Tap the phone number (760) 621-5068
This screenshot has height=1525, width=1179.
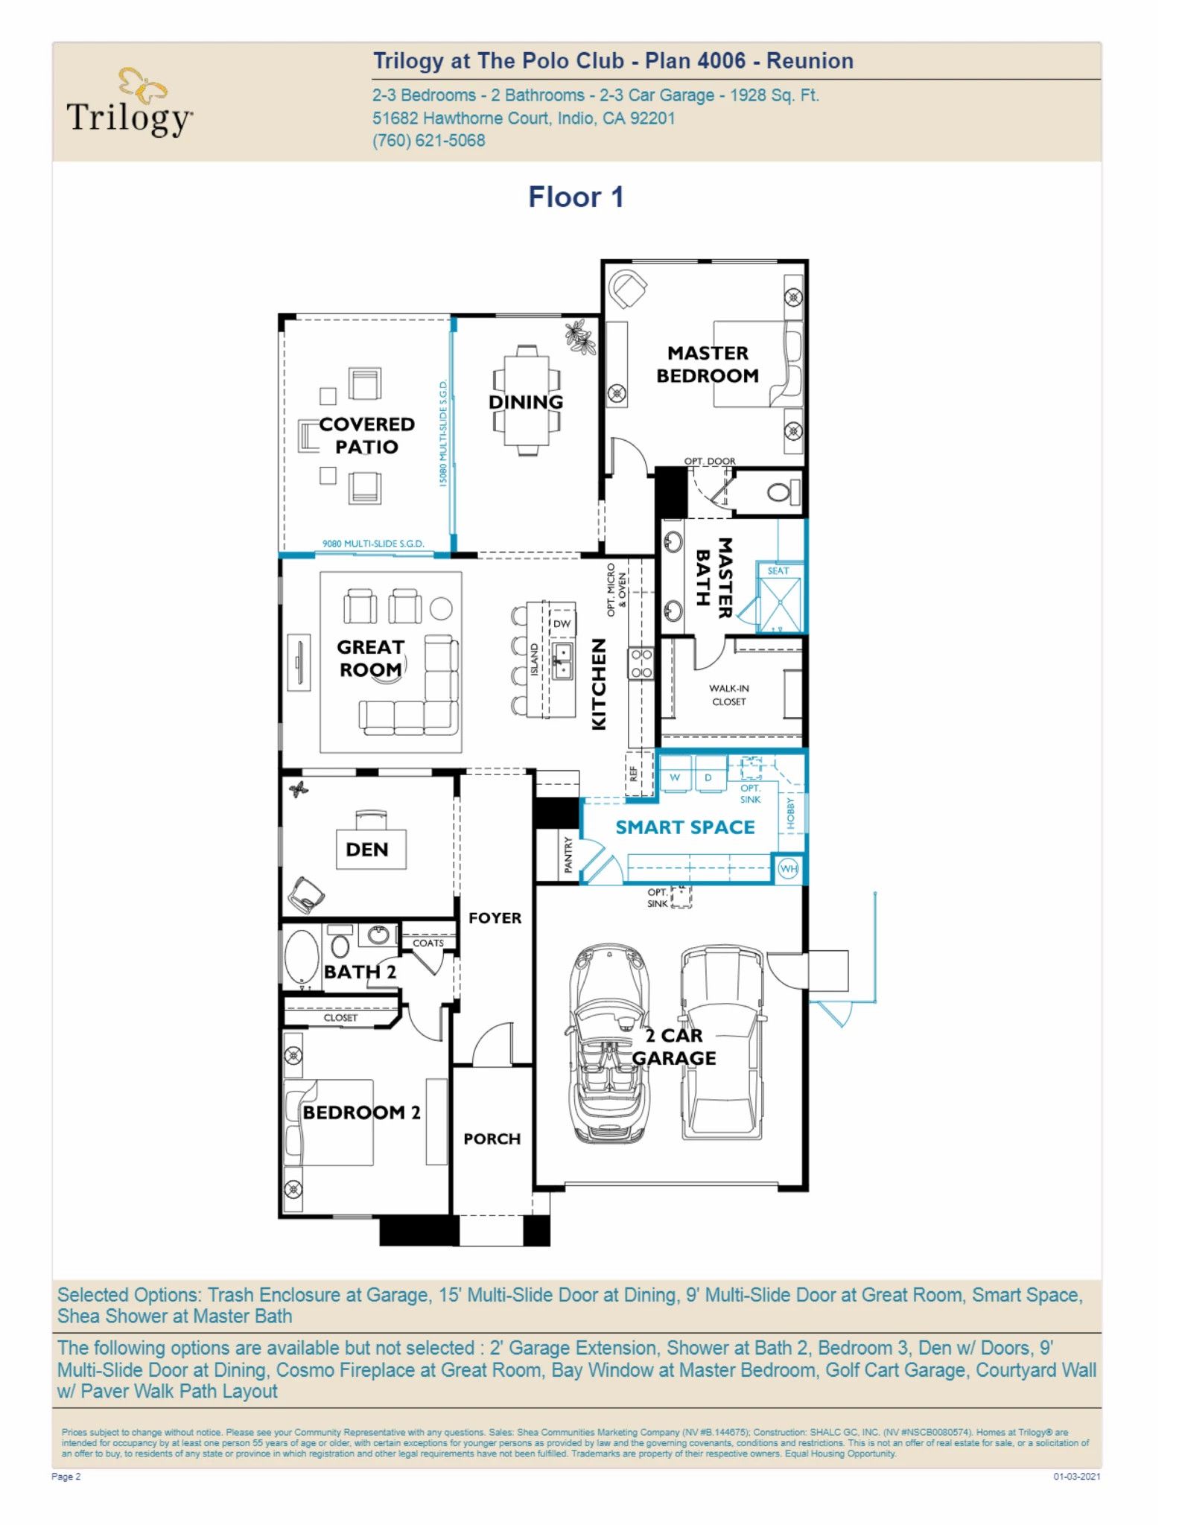pos(428,141)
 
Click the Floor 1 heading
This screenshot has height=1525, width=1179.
pos(576,197)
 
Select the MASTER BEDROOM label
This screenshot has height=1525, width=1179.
pos(708,364)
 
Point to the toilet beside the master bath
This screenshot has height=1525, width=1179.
pos(780,492)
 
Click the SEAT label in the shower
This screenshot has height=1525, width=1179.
pos(778,571)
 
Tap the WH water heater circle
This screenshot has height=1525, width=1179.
pos(788,868)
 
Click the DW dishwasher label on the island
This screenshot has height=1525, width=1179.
pos(562,624)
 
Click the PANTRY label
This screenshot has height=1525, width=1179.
pos(568,854)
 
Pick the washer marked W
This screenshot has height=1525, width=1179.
pos(675,777)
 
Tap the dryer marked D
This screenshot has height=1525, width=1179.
pos(708,777)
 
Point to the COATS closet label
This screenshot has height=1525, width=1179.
pos(428,943)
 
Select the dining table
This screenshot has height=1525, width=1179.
pos(527,400)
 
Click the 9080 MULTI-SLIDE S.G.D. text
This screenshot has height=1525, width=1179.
pos(373,544)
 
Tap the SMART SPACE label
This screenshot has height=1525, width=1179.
pos(684,827)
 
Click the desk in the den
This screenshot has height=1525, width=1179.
pos(371,849)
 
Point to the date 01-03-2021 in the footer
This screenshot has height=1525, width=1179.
pos(1075,1477)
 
